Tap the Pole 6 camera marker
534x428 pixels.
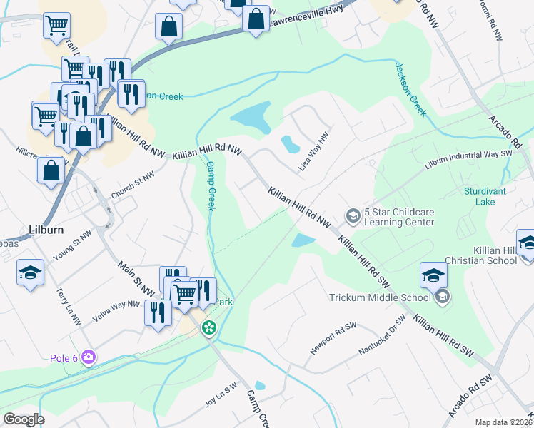[88, 356]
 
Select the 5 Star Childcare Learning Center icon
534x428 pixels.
[352, 215]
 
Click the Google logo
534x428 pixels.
[24, 419]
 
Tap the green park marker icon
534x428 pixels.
[208, 328]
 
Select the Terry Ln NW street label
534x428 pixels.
[68, 302]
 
